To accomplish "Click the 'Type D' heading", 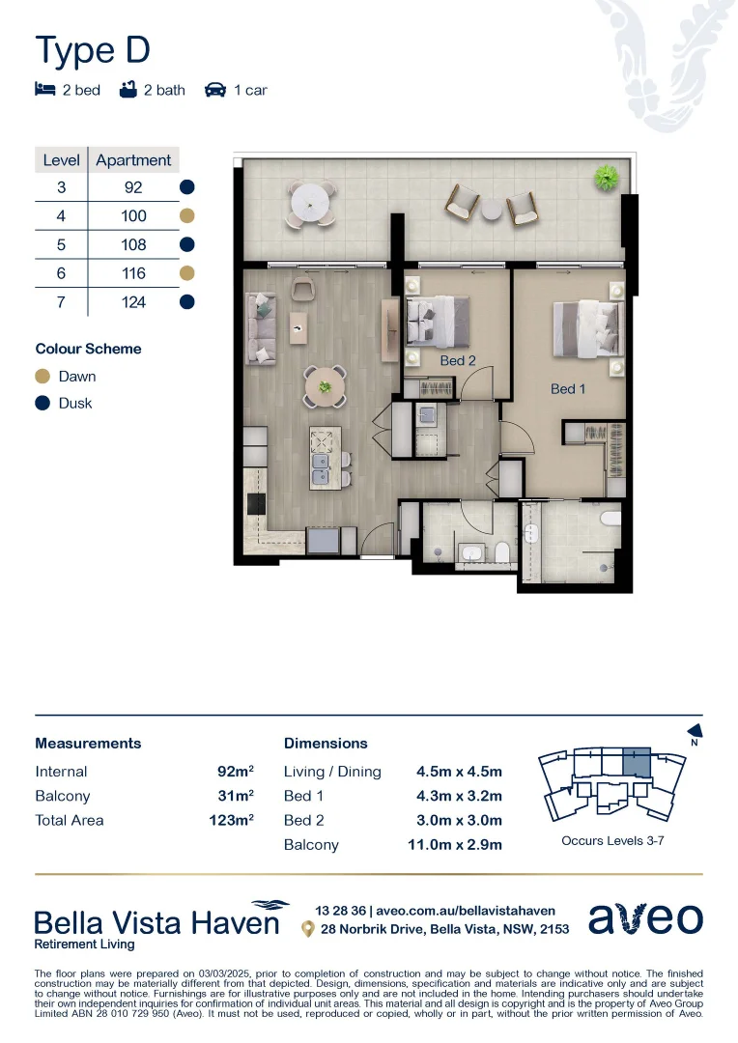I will tap(93, 50).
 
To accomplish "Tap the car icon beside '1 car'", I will tap(215, 91).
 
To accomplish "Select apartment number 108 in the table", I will tap(133, 244).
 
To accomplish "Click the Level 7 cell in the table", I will tap(61, 302).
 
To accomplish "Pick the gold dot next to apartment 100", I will tap(187, 216).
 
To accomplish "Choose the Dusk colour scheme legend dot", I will tap(43, 404).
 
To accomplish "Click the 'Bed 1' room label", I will tap(568, 389).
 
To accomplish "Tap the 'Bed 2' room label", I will tap(458, 360).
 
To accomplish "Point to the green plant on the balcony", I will tap(607, 178).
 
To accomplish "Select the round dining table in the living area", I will tap(326, 386).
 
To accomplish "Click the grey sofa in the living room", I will tap(261, 330).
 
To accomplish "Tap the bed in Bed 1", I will tap(586, 329).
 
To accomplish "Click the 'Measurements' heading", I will tap(88, 744).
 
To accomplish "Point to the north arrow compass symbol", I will tap(693, 734).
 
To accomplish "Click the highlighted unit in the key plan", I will tap(636, 762).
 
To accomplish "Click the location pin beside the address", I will tap(308, 929).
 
